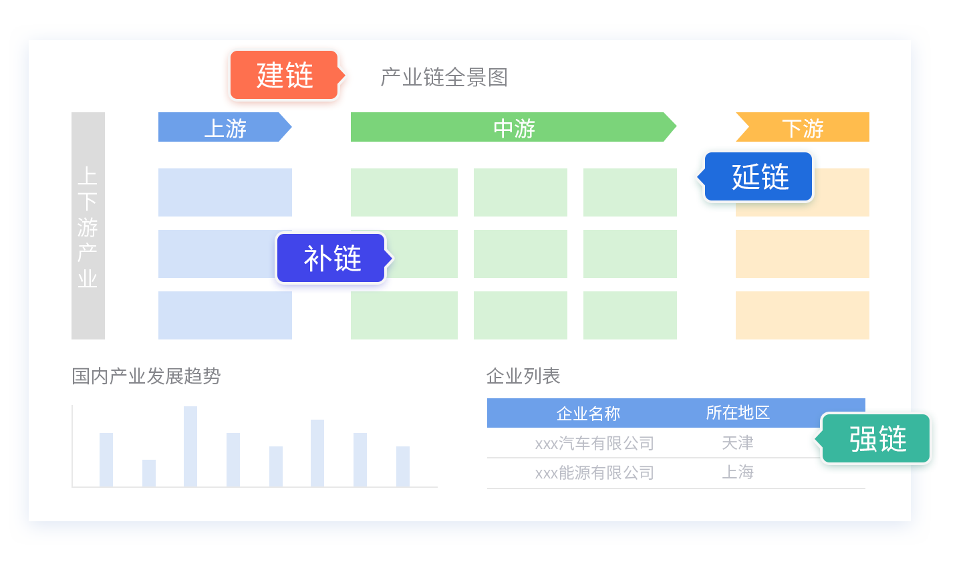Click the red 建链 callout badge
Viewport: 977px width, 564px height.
point(285,76)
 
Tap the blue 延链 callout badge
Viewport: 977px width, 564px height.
point(759,177)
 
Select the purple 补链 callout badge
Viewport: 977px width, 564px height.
point(331,259)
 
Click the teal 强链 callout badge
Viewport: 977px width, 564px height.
point(877,439)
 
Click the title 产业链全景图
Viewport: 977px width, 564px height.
point(444,78)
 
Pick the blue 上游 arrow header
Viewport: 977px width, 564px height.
point(225,128)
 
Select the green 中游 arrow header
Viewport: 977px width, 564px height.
point(513,128)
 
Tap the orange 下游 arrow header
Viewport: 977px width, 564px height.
point(803,128)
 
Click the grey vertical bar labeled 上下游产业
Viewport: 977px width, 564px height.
point(88,226)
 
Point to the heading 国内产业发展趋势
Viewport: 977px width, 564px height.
point(146,376)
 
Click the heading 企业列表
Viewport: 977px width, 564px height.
point(523,376)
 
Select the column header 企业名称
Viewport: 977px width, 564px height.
point(588,414)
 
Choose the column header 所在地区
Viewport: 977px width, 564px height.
point(738,413)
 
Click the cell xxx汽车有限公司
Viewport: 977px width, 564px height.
point(594,443)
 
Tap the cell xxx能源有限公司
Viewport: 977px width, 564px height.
point(594,473)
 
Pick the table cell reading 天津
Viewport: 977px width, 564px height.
point(738,443)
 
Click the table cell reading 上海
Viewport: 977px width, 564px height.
point(738,472)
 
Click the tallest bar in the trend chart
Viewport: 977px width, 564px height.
point(190,446)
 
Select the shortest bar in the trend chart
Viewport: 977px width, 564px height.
point(149,473)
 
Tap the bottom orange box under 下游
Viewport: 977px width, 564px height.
point(802,315)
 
